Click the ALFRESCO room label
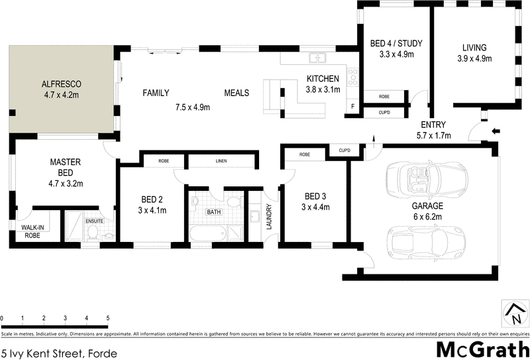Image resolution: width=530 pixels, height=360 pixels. [61, 84]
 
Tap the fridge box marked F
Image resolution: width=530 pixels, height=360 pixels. [352, 106]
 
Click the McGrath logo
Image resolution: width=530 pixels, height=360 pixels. [482, 349]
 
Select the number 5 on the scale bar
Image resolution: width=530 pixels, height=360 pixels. [107, 319]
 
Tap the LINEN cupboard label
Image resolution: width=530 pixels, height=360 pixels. [221, 161]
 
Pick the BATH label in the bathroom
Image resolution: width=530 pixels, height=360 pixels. [213, 212]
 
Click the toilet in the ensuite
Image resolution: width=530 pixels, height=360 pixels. [93, 231]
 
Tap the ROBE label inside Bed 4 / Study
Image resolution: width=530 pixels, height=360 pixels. [384, 97]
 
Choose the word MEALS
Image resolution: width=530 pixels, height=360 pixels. [237, 93]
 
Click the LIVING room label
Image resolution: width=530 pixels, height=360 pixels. [474, 48]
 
